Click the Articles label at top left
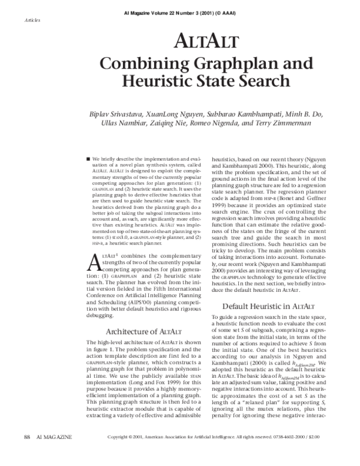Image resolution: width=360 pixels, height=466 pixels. (33, 20)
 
